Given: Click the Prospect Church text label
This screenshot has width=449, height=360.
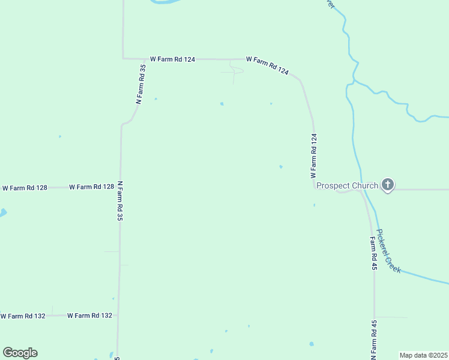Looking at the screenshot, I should pos(347,185).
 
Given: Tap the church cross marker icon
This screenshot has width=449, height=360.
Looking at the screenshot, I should pos(388,185).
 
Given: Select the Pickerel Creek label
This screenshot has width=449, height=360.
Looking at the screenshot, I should pos(388,251).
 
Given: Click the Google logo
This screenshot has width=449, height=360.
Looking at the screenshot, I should pos(20,353).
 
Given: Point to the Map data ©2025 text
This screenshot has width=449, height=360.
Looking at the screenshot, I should pos(423,355).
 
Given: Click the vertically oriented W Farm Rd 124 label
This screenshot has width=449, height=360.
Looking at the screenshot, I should pos(313,156).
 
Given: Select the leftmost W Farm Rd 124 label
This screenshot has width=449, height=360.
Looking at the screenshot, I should pos(172,59).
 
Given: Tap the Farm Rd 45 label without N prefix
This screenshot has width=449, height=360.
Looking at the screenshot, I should pos(373,253).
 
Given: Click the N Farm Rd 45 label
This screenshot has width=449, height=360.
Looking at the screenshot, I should pos(373,340).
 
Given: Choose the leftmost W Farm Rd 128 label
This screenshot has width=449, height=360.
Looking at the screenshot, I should pos(25,188).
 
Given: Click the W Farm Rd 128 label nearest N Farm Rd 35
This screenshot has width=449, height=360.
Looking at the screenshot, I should pos(91,187).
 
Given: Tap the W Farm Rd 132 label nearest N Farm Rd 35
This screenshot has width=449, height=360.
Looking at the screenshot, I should pos(89,315).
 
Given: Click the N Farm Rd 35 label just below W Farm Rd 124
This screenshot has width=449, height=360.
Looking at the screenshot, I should pos(140,85).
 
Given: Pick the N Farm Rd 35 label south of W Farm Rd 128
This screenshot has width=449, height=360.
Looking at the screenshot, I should pos(120,202).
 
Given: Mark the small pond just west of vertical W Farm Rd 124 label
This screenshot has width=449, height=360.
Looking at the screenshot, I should pos(281,167).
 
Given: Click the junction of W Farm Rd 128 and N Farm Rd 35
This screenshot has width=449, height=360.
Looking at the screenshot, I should pos(120,187).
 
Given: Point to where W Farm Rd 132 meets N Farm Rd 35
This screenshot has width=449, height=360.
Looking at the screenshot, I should pos(118,315).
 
